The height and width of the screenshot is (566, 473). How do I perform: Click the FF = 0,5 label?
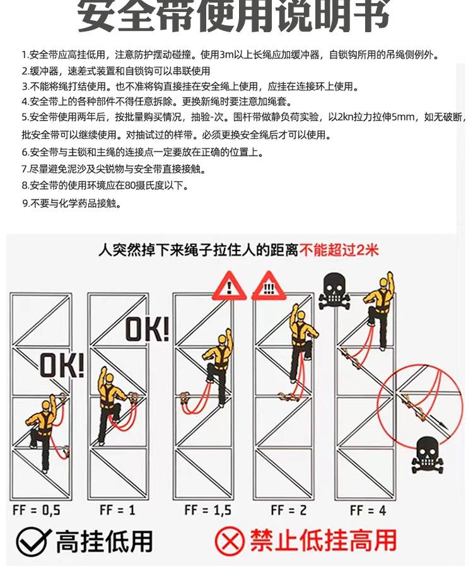[36, 510]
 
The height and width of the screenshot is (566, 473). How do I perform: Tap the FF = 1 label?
[117, 510]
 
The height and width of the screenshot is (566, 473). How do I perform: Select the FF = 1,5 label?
[205, 510]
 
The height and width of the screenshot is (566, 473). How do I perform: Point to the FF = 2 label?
[288, 510]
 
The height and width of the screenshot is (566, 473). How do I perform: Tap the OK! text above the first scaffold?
[62, 365]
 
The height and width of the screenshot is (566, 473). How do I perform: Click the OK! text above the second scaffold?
[146, 329]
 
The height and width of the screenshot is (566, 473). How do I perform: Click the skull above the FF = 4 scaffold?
[331, 291]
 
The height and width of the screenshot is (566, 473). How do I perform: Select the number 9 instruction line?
[71, 203]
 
